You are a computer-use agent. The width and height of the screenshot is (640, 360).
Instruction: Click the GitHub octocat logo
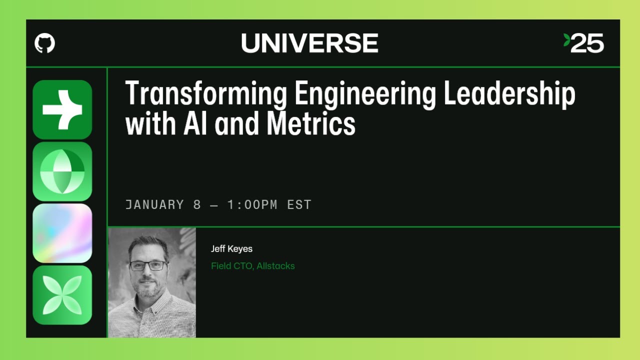(x=45, y=43)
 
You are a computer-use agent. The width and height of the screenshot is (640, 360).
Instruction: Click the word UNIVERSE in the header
(x=309, y=43)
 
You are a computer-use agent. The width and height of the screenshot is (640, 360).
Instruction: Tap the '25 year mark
(x=584, y=43)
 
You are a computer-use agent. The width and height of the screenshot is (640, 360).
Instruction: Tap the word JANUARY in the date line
(x=154, y=204)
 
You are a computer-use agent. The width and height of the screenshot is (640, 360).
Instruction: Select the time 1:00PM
(x=252, y=204)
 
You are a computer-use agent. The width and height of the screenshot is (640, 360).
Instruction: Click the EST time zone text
(x=299, y=204)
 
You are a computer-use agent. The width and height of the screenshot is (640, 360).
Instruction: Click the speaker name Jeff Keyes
(x=231, y=248)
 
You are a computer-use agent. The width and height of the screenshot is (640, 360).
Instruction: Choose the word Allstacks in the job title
(x=275, y=266)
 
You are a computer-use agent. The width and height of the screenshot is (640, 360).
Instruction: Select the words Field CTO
(x=232, y=266)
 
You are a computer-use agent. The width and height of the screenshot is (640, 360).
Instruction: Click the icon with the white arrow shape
(x=62, y=109)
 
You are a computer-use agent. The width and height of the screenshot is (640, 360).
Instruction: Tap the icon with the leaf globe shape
(x=62, y=171)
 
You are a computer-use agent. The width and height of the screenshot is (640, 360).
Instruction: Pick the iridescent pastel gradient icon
(x=62, y=233)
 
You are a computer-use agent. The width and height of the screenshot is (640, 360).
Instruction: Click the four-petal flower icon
(x=62, y=295)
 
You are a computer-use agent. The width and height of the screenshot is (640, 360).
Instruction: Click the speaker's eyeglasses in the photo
(x=148, y=265)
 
